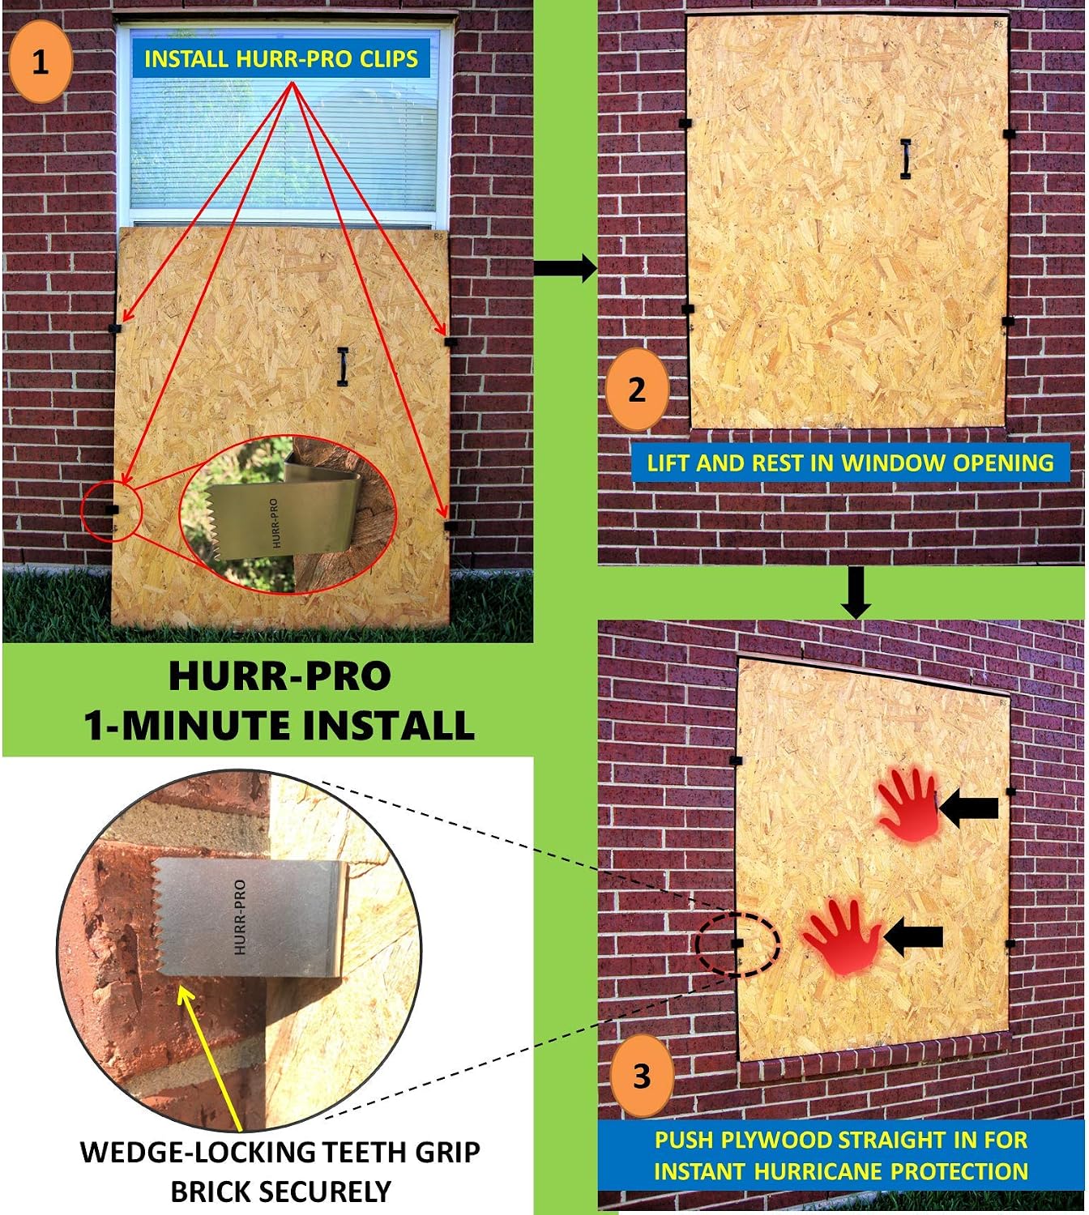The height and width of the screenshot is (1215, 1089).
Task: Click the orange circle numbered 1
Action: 41,62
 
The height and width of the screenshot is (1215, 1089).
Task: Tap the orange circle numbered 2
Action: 637,390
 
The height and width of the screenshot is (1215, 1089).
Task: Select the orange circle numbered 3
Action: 642,1076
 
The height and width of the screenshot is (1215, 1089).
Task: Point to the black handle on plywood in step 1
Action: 343,366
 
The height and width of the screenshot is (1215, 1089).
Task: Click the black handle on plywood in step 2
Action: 905,159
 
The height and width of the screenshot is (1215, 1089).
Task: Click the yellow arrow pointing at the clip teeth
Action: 211,1059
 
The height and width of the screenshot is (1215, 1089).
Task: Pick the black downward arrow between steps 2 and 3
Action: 856,592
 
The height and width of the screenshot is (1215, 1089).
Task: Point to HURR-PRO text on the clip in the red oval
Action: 275,523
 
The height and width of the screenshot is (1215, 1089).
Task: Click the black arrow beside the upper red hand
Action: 968,808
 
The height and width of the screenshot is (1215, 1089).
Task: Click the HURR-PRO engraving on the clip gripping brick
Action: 241,917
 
